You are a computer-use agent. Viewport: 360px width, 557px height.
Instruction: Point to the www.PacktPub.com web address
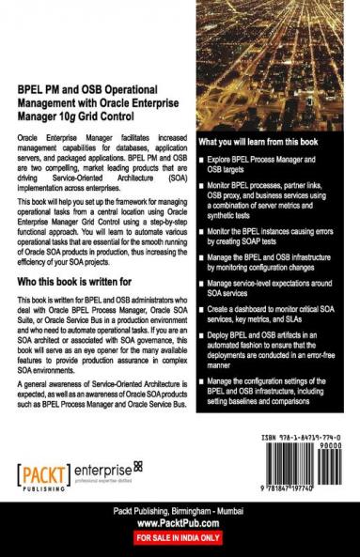click(x=180, y=526)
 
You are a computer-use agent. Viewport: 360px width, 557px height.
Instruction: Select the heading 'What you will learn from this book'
click(x=258, y=141)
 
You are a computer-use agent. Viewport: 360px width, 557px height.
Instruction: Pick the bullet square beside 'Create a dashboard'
click(x=201, y=310)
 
